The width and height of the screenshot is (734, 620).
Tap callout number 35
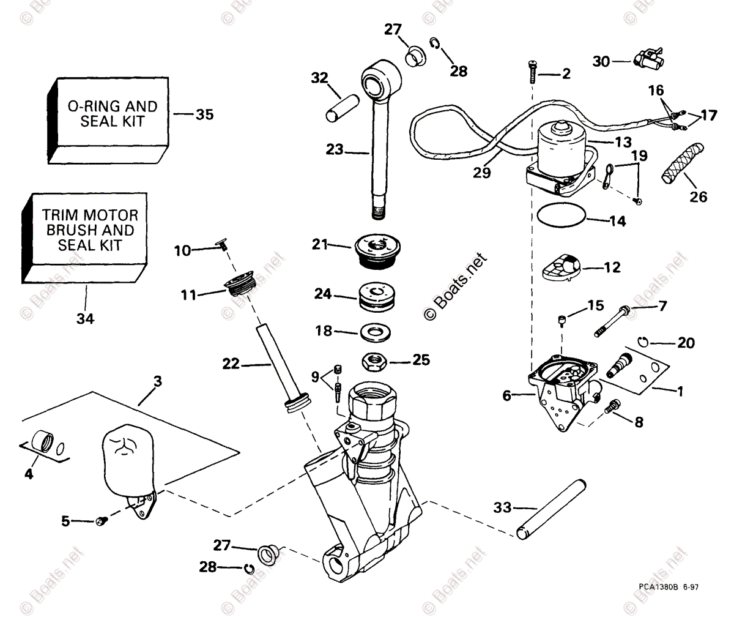[204, 114]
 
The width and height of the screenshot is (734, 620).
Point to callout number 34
[86, 318]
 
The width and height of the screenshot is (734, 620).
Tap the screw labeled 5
[102, 521]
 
